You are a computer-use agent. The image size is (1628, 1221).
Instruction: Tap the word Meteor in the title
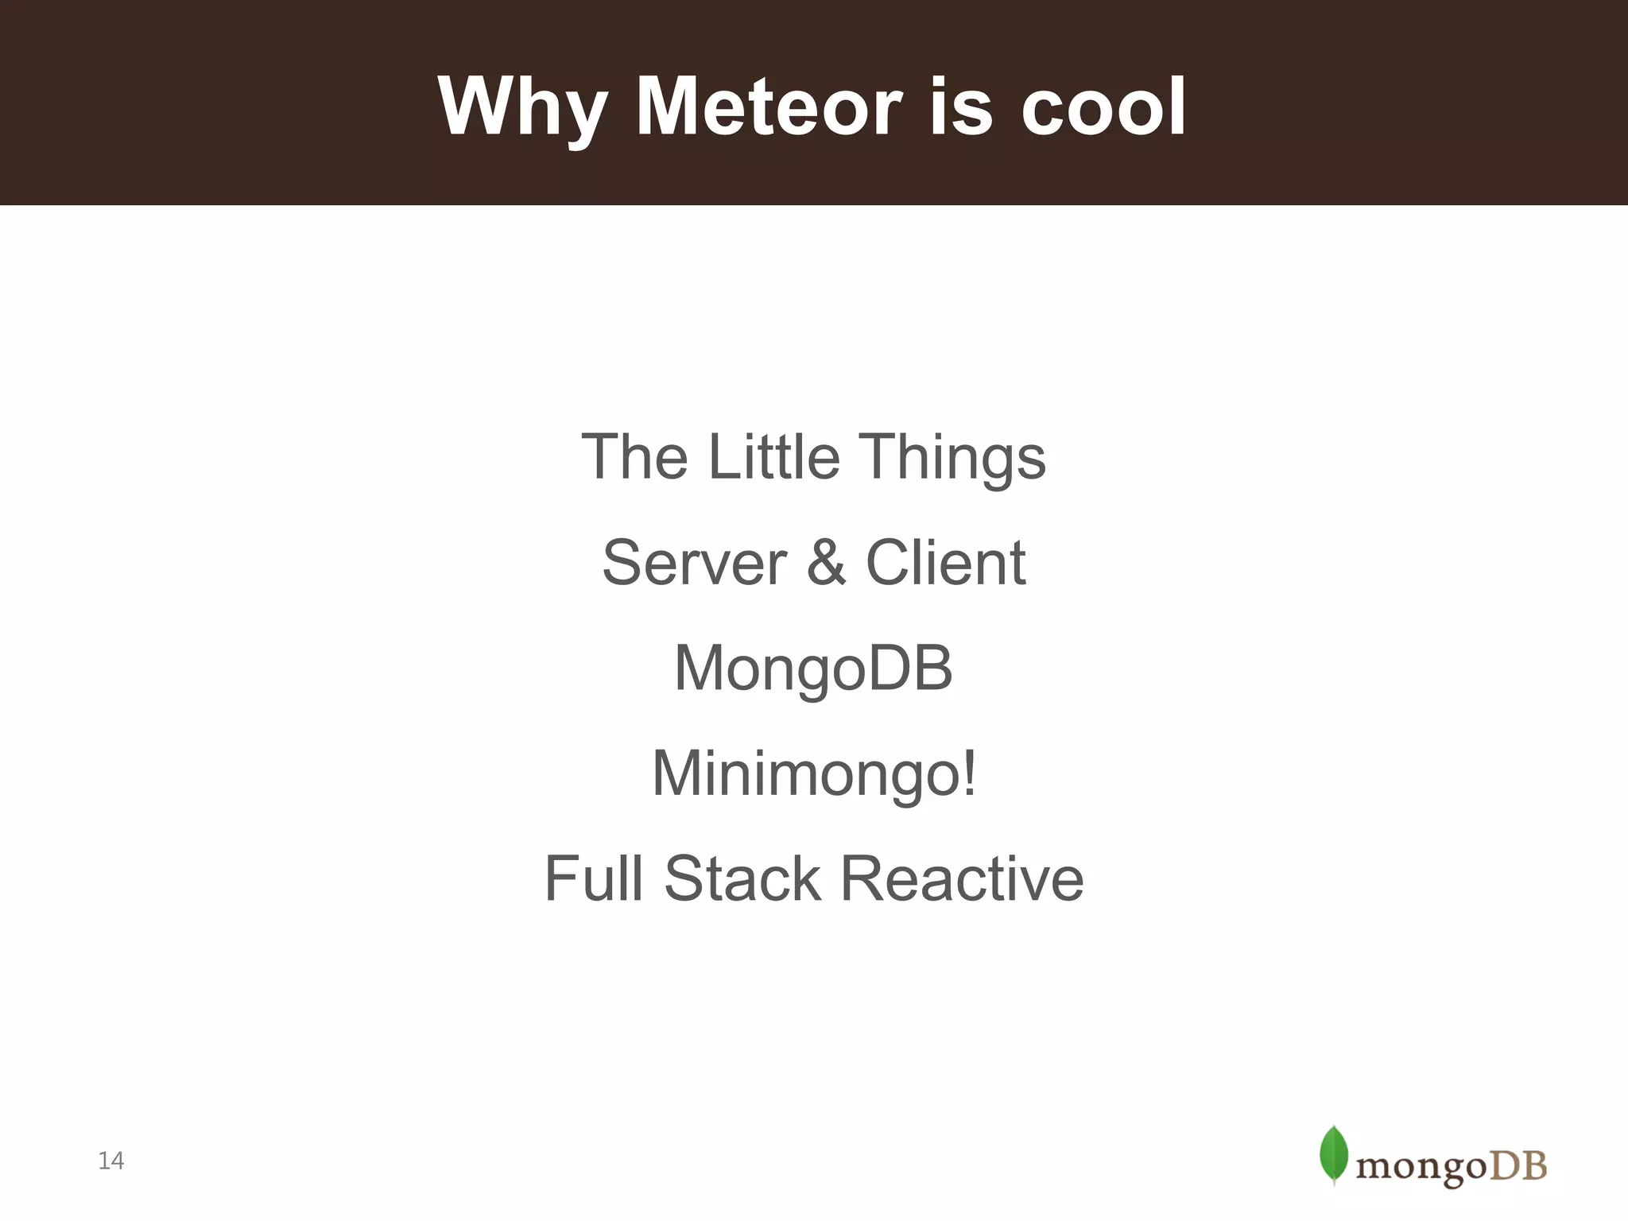coord(769,107)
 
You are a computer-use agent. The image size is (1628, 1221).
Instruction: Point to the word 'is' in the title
coord(960,107)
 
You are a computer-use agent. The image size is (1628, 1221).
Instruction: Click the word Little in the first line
coord(773,457)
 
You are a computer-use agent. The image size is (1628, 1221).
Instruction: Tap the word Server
coord(694,563)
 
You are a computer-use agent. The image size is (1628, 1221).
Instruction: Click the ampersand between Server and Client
coord(826,563)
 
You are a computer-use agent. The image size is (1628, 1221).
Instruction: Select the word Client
coord(945,563)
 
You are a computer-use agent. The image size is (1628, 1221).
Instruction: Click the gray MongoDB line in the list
coord(813,669)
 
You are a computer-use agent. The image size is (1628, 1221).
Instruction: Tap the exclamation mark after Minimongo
coord(969,773)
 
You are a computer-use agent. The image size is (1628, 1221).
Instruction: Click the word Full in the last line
coord(593,878)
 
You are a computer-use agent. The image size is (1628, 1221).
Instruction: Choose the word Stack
coord(742,878)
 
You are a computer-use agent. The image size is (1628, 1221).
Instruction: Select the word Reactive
coord(962,878)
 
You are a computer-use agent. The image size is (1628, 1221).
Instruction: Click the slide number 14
coord(111,1161)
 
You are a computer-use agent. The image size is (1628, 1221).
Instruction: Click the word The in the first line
coord(634,457)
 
